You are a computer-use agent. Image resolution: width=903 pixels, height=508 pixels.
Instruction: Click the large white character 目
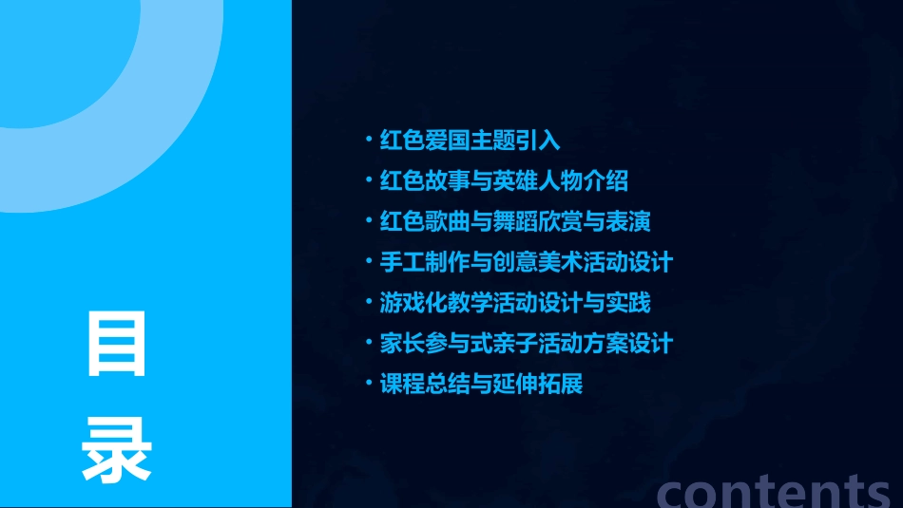117,344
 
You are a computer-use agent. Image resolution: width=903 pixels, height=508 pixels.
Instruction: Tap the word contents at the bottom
775,490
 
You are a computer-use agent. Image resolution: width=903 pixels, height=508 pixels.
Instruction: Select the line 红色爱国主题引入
470,141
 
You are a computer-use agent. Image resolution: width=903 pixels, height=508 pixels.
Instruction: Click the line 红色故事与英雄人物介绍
504,181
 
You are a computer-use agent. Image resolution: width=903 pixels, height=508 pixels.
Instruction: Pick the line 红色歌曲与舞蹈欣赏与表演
515,222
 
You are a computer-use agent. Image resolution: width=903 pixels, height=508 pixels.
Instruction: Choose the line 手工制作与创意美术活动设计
527,263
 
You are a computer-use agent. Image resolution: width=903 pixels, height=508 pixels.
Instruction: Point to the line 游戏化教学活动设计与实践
515,304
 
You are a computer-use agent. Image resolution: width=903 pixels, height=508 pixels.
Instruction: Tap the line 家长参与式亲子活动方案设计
527,344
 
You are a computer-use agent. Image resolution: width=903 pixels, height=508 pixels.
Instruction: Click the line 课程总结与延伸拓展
481,385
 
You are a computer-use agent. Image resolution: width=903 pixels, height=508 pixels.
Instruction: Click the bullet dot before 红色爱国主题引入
370,141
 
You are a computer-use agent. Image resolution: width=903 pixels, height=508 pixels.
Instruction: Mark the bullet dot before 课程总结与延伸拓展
370,385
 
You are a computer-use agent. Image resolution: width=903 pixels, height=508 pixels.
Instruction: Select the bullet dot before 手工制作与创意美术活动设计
370,263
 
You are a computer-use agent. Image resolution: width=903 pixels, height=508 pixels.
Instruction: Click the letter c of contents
674,492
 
